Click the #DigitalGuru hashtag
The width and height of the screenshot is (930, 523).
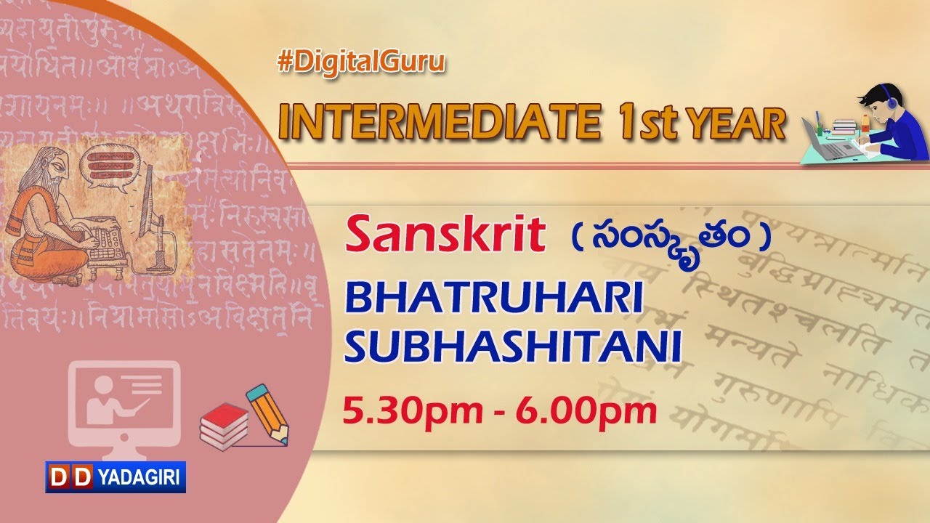coord(360,63)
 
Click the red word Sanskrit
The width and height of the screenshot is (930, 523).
coord(446,234)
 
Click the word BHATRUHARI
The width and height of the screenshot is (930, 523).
coord(493,299)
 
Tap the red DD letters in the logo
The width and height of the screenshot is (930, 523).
coord(70,477)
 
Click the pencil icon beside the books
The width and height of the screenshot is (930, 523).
coord(267,412)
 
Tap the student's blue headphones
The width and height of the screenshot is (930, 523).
coord(890,102)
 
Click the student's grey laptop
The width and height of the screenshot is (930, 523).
coord(833,146)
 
